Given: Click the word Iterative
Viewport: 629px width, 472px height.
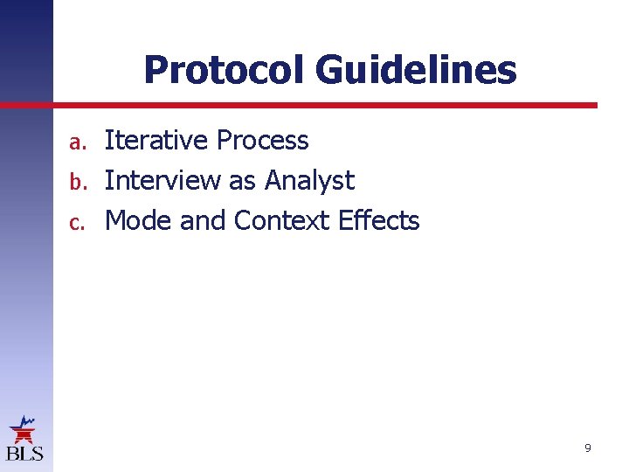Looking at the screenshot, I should (156, 141).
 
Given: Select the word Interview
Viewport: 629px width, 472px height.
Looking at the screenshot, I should (162, 181).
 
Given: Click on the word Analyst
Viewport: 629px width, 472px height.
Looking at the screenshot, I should (309, 182).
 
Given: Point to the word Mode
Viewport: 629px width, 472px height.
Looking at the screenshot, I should (138, 221).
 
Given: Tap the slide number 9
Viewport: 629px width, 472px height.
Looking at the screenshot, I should (587, 448).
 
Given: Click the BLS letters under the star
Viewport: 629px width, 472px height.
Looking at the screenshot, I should (24, 454).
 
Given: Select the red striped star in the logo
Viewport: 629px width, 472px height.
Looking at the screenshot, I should (23, 432).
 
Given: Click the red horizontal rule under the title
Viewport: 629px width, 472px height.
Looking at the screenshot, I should (323, 105).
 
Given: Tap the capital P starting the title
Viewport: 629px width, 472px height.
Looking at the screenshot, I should (155, 70).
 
